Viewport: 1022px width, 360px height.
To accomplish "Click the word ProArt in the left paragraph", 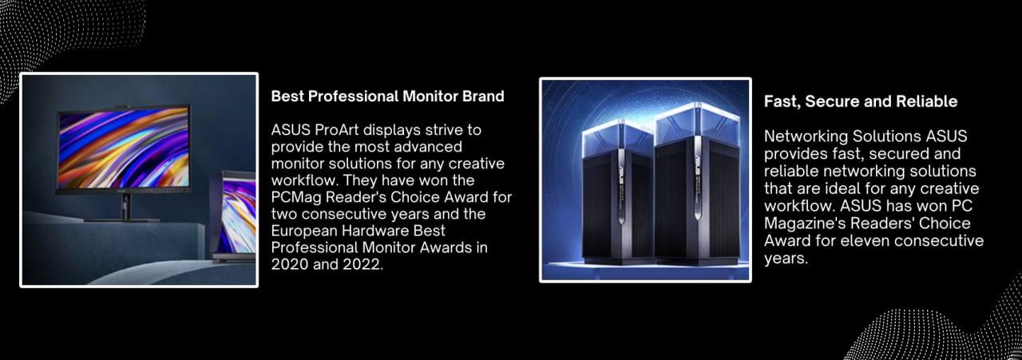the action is pos(337,130).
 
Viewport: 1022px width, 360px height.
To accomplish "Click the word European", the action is pos(304,231).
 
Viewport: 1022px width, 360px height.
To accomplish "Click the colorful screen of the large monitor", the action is pos(124,150).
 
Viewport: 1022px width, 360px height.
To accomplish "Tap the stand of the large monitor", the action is pos(124,208).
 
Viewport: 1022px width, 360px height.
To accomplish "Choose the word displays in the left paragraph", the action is pos(392,130).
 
